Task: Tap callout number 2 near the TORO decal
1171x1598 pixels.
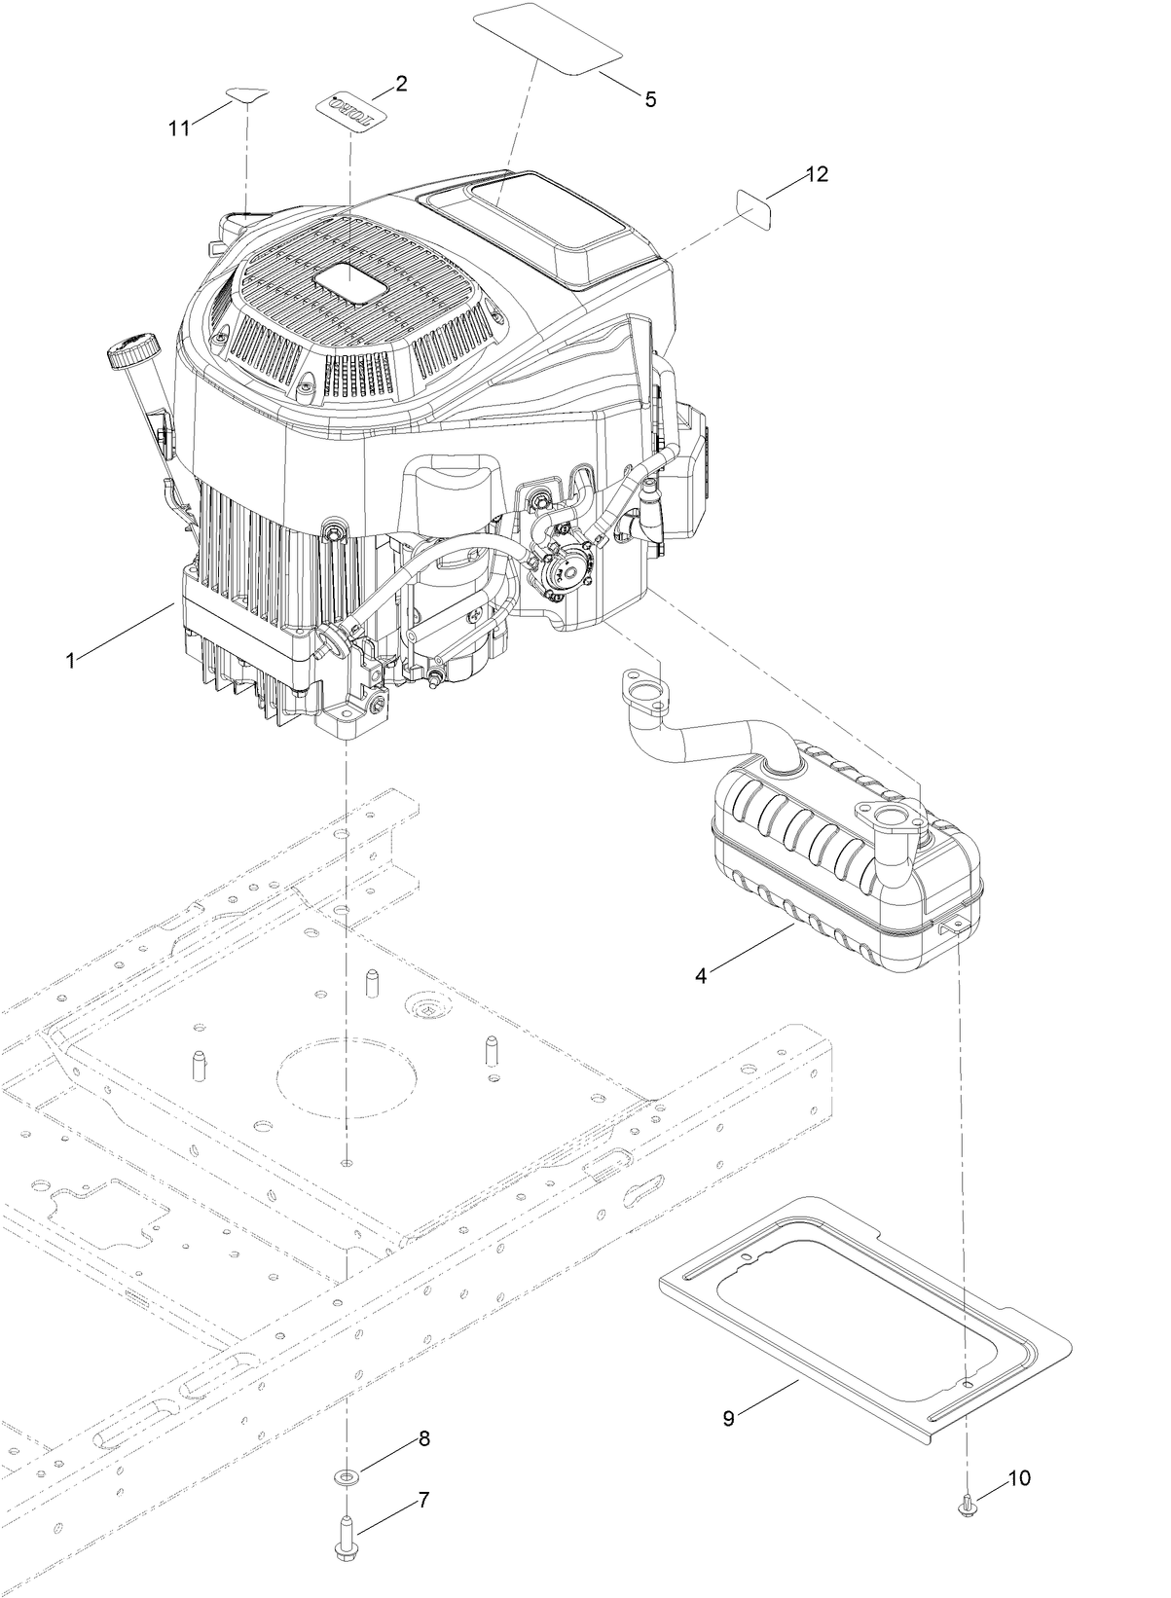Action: pos(401,83)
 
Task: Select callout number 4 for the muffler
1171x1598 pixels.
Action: pos(701,972)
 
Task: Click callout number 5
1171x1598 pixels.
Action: pos(650,98)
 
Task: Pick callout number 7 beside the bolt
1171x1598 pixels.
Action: pos(423,1500)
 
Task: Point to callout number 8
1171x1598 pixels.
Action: pos(423,1438)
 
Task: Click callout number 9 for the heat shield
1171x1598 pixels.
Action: pos(729,1418)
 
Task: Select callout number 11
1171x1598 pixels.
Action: pos(179,128)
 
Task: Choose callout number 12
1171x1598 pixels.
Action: pos(816,174)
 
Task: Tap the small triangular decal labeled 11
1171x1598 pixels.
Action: pos(245,94)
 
